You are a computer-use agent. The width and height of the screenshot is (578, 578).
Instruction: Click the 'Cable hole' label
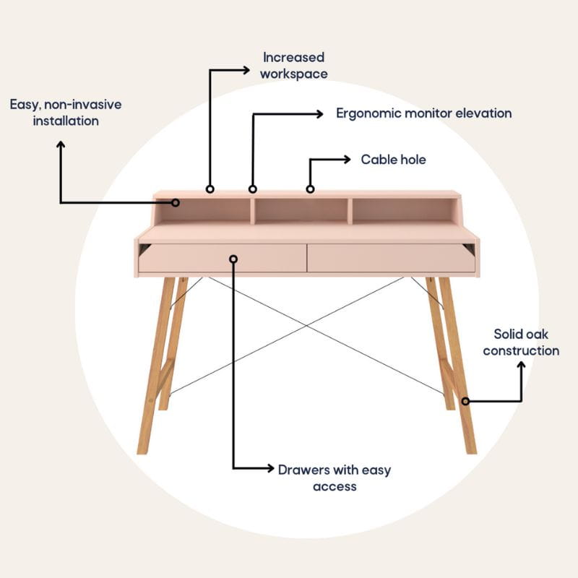(393, 160)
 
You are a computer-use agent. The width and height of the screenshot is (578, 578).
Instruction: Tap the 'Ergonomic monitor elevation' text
(424, 113)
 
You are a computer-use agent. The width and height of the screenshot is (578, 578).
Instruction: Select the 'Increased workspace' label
(294, 66)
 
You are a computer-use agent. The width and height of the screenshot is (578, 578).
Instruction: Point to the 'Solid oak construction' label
(521, 342)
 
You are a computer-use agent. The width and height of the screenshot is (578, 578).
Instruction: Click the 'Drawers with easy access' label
(335, 478)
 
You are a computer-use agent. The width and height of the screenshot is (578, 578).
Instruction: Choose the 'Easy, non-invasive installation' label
(66, 113)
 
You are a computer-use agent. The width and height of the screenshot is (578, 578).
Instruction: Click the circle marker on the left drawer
(233, 259)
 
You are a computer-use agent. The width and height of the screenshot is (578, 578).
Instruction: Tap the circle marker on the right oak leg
(465, 401)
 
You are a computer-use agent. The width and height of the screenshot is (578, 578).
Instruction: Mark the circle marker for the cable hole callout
(311, 189)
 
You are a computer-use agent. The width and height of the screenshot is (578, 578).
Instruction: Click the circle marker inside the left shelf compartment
(176, 203)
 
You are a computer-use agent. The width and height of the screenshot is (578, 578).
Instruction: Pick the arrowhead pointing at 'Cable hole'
(347, 160)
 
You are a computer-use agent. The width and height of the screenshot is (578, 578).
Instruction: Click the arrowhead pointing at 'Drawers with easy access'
(270, 468)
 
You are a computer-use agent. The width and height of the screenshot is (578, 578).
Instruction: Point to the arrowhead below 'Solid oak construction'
(521, 366)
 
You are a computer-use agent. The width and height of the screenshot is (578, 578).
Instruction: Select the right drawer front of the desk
(391, 258)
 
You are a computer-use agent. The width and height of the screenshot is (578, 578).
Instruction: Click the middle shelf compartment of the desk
(301, 210)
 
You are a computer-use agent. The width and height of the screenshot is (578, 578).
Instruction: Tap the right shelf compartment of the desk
(404, 210)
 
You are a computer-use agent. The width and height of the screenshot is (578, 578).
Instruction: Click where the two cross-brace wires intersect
(306, 326)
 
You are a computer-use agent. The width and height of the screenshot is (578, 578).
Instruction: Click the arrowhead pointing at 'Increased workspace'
(246, 70)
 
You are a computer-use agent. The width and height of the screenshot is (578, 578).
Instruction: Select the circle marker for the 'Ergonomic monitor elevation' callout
(252, 189)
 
